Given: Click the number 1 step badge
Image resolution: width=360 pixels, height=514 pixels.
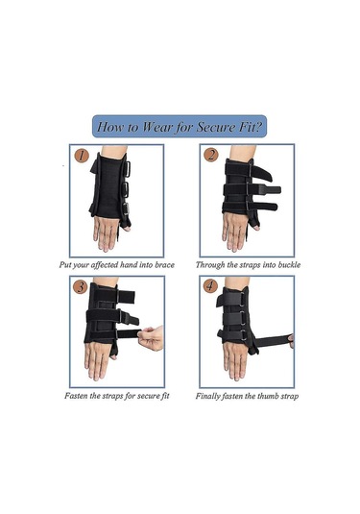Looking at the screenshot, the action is [x=82, y=156].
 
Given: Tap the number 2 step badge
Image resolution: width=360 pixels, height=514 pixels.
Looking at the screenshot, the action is [x=210, y=155].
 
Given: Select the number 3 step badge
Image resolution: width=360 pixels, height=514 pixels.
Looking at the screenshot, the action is [x=81, y=287].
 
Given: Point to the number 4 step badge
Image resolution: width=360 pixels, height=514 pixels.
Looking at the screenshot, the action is [x=210, y=286].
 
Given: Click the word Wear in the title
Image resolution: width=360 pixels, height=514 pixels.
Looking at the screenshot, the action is [x=156, y=127].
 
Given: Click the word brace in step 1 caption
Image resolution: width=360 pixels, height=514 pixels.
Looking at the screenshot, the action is [x=164, y=264].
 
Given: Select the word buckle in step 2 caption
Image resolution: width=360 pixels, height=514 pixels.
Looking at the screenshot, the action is [x=289, y=264].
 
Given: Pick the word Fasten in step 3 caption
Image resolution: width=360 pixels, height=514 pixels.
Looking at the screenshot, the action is [x=76, y=396].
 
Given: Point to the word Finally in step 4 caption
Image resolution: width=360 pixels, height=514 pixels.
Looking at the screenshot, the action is [x=208, y=397].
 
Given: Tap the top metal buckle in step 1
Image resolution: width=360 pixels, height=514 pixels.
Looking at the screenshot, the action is [x=127, y=169].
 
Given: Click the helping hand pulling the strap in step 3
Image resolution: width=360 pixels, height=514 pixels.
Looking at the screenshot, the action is [x=151, y=338].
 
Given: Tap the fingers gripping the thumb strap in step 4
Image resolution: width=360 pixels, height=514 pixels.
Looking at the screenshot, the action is [x=291, y=341].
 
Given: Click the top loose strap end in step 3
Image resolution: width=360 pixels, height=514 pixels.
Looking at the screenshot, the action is [x=126, y=297].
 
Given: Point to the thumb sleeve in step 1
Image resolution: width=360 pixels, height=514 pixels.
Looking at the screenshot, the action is [x=125, y=224].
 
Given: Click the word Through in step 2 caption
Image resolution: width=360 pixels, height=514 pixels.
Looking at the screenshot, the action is [x=209, y=265].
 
